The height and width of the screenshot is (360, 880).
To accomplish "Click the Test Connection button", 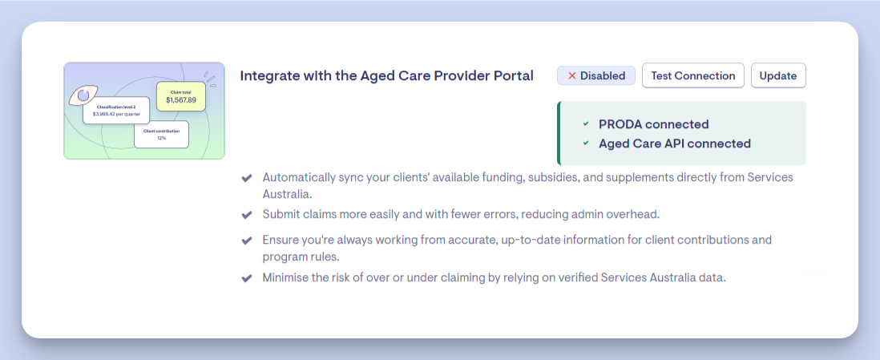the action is (x=693, y=76).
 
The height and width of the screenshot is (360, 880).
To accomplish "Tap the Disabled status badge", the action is (x=596, y=76).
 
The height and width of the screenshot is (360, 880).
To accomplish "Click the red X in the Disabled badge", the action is (x=572, y=76).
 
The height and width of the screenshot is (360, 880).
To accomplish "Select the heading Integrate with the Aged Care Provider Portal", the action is (x=386, y=76).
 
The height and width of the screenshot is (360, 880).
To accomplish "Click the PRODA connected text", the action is (x=654, y=124).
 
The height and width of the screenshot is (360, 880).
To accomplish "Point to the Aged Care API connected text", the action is (x=675, y=144).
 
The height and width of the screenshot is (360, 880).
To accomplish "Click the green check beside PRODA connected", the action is (x=586, y=124).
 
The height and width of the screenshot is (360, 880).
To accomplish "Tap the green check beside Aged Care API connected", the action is (x=586, y=144).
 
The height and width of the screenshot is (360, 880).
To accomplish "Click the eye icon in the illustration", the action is (x=83, y=95).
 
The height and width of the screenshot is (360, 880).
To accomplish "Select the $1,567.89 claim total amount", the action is (x=181, y=100).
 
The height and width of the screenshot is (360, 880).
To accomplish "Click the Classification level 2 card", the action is (x=116, y=110).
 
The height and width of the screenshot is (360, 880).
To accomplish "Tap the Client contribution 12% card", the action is (x=162, y=134).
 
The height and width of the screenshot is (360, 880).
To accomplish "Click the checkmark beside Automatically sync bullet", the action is (x=246, y=178).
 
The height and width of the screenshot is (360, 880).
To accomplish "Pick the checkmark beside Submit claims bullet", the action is (x=246, y=215).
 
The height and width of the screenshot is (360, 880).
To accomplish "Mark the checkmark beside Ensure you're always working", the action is (x=246, y=241).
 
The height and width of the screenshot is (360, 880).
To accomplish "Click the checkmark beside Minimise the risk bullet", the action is (x=246, y=278).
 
